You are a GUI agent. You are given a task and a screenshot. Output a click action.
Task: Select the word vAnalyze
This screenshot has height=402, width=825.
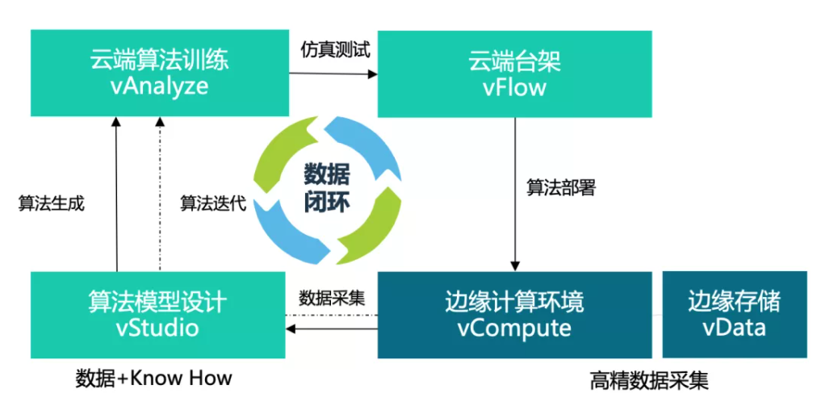[159, 86]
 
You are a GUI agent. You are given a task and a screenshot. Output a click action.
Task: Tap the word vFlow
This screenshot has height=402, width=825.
[514, 86]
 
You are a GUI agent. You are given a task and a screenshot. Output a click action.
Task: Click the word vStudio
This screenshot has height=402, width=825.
[157, 329]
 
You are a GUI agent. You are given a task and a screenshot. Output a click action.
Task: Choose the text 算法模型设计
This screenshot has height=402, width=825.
[157, 302]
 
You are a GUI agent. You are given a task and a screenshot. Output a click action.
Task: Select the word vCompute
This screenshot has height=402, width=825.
[514, 329]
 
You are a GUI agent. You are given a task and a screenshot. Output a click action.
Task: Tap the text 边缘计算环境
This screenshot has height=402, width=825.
[514, 302]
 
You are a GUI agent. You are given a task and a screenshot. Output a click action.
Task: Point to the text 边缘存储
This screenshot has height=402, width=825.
[734, 301]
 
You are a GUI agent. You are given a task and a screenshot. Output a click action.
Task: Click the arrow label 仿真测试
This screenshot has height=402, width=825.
[333, 49]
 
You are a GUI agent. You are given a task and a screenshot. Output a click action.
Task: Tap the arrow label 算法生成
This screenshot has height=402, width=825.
[51, 203]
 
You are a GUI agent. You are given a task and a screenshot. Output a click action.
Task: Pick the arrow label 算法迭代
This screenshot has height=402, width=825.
[212, 203]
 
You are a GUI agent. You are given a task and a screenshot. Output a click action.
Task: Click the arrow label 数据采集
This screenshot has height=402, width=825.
[332, 296]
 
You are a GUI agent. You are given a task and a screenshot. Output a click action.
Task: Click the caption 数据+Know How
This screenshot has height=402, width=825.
[153, 377]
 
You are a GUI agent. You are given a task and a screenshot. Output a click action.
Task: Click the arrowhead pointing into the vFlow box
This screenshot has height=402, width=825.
[373, 74]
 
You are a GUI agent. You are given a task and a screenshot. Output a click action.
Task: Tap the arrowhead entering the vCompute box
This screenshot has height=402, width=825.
[514, 266]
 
